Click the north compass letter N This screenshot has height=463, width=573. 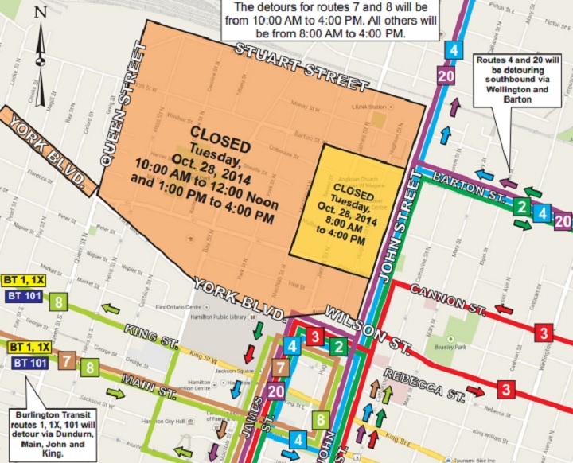pyautogui.click(x=41, y=13)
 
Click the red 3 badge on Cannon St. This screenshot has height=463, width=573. pyautogui.click(x=544, y=332)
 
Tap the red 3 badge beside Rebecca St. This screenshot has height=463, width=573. pyautogui.click(x=505, y=389)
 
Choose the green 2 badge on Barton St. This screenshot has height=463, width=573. pyautogui.click(x=520, y=208)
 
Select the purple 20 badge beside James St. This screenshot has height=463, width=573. pyautogui.click(x=276, y=391)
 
